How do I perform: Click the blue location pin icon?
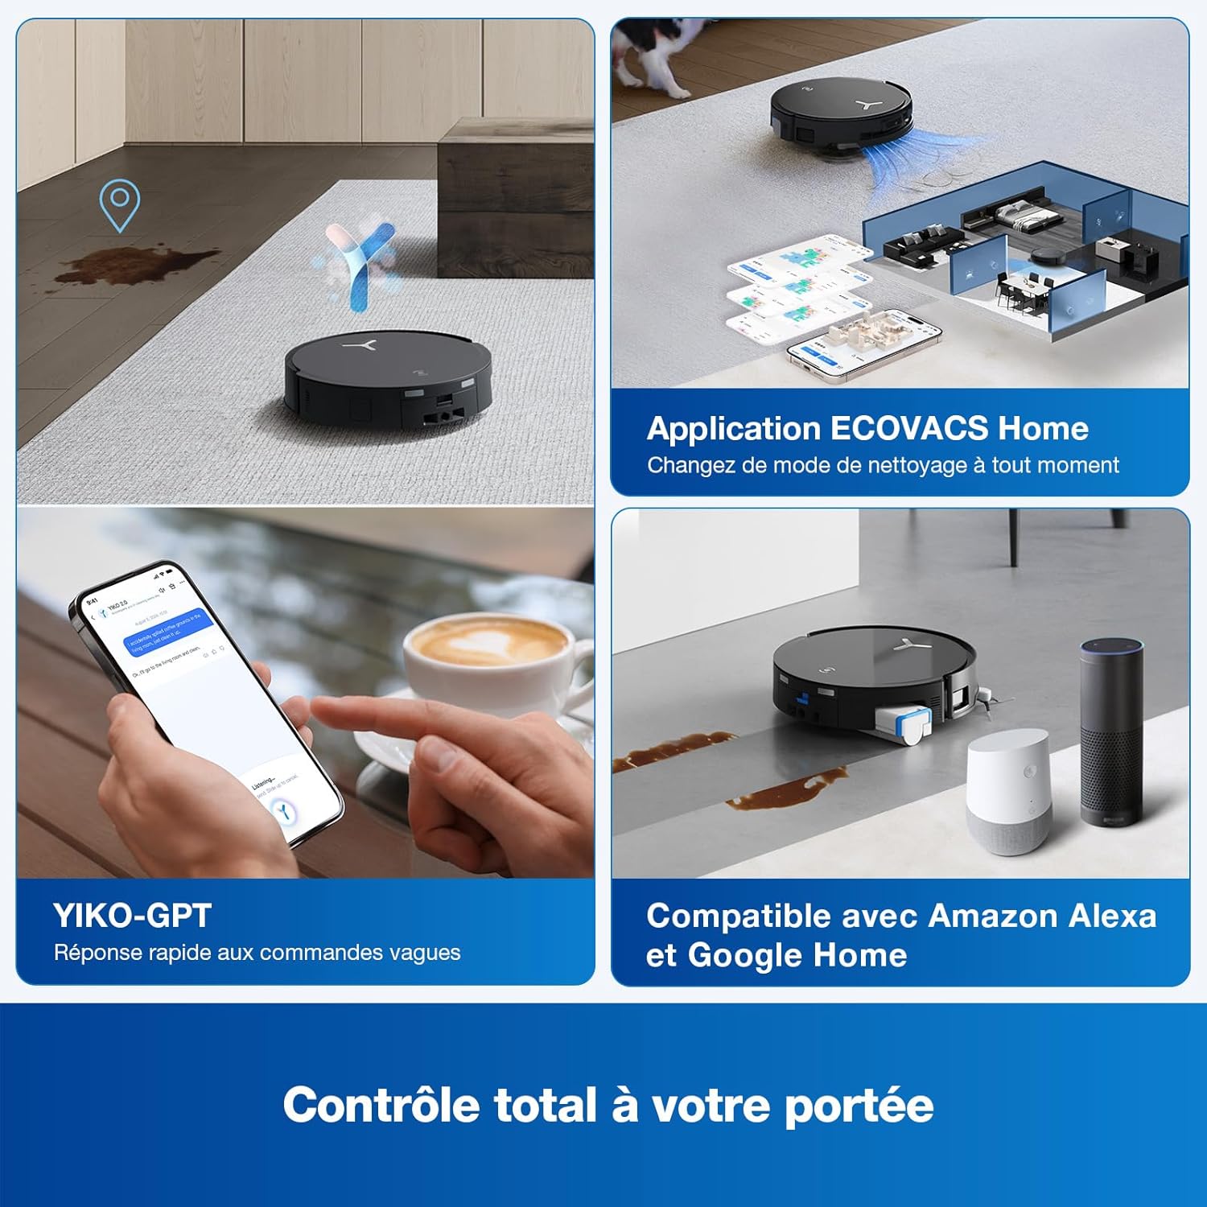pyautogui.click(x=119, y=203)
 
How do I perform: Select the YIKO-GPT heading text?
pyautogui.click(x=132, y=916)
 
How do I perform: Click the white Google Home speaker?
pyautogui.click(x=1008, y=793)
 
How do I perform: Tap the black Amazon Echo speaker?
pyautogui.click(x=1111, y=732)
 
